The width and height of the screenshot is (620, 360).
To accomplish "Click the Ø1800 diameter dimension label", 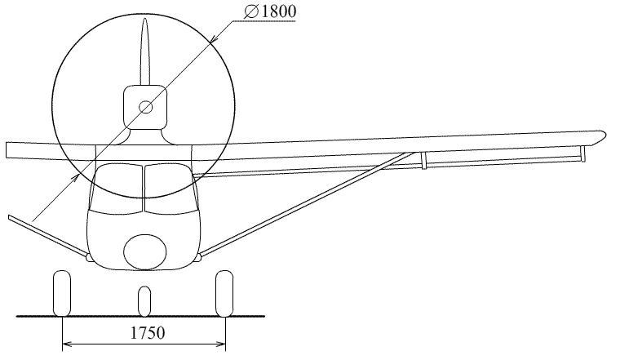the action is pyautogui.click(x=270, y=11).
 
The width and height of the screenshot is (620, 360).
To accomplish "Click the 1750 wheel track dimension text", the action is pyautogui.click(x=148, y=333).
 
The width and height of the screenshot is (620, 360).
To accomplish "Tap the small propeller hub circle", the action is pyautogui.click(x=145, y=107).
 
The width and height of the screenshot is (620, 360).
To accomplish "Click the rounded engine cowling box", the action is pyautogui.click(x=145, y=107).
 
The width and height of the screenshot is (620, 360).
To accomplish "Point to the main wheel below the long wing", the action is pyautogui.click(x=224, y=293).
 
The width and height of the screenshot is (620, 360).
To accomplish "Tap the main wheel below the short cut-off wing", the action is pyautogui.click(x=62, y=293).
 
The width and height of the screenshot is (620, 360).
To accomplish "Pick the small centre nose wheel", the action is pyautogui.click(x=144, y=301).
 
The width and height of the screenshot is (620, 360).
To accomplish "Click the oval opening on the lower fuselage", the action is pyautogui.click(x=145, y=252).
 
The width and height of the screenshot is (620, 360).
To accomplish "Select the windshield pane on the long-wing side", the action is pyautogui.click(x=170, y=188).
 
